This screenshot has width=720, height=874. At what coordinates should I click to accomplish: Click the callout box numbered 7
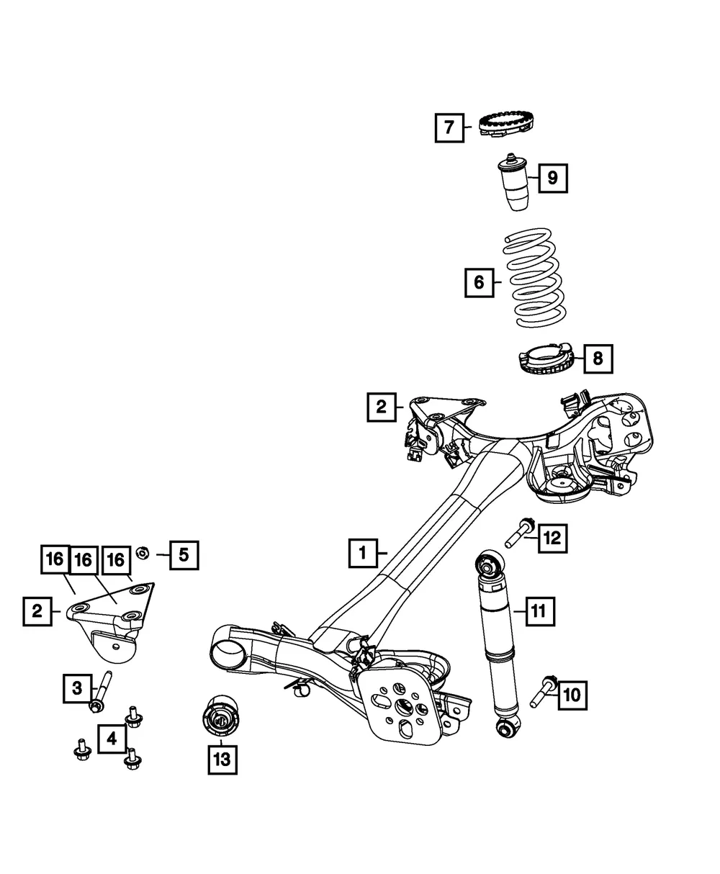point(449,127)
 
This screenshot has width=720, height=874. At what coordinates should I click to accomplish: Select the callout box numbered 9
point(552,178)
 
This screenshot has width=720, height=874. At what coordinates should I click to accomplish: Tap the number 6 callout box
point(480,282)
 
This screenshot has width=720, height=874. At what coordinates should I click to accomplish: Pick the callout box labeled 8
point(598,359)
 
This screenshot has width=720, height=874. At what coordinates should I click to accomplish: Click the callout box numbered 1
point(363,553)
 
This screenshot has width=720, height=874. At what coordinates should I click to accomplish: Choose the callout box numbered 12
point(552,539)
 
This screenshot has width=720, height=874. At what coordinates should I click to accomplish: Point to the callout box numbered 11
point(540,611)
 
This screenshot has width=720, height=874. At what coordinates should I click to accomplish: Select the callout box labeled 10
point(572,695)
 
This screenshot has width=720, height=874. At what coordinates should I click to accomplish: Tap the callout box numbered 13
point(222,760)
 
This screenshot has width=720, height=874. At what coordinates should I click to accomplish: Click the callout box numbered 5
point(184,555)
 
